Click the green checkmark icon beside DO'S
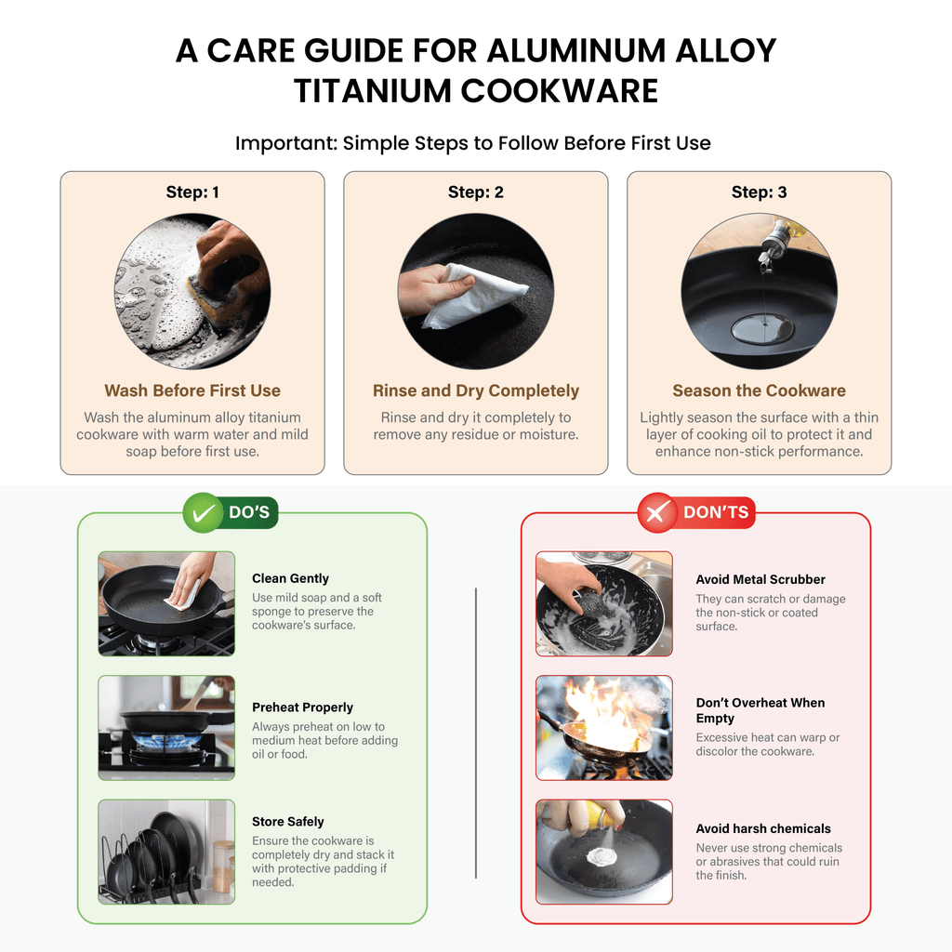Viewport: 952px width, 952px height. pos(203,513)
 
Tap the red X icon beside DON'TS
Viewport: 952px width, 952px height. pos(656,513)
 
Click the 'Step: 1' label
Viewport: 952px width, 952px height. pos(192,192)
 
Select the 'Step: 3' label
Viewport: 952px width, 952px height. pos(759,192)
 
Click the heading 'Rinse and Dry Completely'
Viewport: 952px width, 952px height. pos(476,390)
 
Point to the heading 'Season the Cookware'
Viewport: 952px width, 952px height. pos(759,390)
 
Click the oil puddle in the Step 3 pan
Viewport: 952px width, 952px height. pos(762,330)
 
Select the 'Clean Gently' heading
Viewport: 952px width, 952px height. pos(290,578)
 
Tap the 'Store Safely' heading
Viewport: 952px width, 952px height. pos(288,822)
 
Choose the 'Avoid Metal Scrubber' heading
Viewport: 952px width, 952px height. pos(760,580)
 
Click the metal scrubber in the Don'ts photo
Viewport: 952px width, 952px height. pos(587,604)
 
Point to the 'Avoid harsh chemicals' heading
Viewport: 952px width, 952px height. pos(763,828)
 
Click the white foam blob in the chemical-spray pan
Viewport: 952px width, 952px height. pos(602,856)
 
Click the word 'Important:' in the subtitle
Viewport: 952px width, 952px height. pos(286,143)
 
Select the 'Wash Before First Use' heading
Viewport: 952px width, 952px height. pos(192,390)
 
